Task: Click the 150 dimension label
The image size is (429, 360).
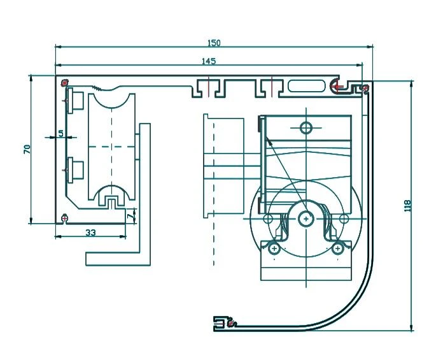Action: point(214,43)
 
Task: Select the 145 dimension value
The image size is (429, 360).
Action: point(209,61)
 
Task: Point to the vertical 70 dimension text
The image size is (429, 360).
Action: point(27,149)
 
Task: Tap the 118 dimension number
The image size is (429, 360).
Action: point(407,205)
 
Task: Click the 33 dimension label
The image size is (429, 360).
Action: point(90,233)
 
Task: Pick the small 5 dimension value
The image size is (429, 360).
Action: point(61,133)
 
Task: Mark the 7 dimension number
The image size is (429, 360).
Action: point(131,215)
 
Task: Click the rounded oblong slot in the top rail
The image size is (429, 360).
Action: point(307,86)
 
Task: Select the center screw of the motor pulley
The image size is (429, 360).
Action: point(306,219)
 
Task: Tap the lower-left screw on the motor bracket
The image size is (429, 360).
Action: point(274,248)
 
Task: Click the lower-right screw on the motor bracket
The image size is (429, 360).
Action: point(337,248)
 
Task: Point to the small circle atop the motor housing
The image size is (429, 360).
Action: point(306,127)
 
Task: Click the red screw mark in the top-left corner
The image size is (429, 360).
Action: point(65,82)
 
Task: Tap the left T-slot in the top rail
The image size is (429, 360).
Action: point(209,88)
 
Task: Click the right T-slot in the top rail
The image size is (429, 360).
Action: point(272,88)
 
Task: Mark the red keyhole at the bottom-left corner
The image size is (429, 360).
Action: point(64,219)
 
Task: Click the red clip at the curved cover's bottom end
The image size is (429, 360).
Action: point(231,324)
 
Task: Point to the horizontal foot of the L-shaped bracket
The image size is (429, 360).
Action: point(118,259)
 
